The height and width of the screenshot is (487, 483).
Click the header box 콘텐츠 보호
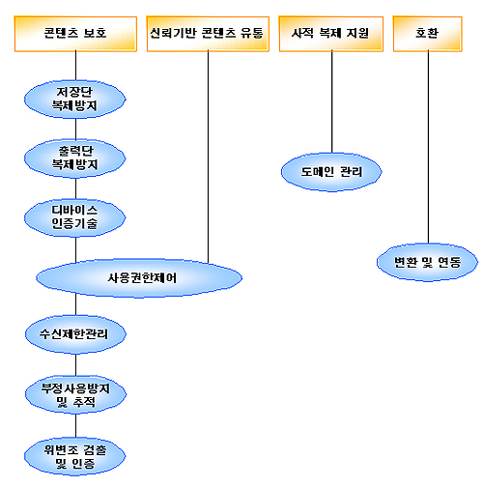click(x=75, y=34)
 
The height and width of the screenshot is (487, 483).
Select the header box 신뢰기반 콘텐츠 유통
click(x=208, y=34)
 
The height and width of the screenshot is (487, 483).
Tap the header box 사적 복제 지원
click(x=331, y=34)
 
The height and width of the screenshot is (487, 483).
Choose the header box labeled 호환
click(x=428, y=34)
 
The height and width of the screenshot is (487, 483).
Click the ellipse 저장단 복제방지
click(x=75, y=99)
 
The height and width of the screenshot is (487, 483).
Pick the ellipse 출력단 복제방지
click(x=75, y=158)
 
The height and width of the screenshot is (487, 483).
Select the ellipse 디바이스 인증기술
click(x=75, y=217)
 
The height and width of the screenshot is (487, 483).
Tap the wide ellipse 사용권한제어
click(x=139, y=277)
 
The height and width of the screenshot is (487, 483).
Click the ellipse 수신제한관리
click(x=75, y=334)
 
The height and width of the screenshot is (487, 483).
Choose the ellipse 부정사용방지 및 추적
click(x=75, y=394)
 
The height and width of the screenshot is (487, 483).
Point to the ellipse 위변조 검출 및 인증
click(x=75, y=456)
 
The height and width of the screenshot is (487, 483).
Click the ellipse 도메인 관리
click(x=331, y=172)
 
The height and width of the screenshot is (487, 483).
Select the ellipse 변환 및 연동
click(x=428, y=262)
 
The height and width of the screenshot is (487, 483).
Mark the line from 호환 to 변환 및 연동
click(x=428, y=147)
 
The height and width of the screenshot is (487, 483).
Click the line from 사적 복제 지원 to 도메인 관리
click(x=332, y=102)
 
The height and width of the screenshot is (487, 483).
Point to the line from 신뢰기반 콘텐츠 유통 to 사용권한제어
click(x=208, y=157)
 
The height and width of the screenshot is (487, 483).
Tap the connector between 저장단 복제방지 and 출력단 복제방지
click(x=75, y=129)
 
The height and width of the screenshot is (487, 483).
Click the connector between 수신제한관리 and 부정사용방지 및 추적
click(x=75, y=364)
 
